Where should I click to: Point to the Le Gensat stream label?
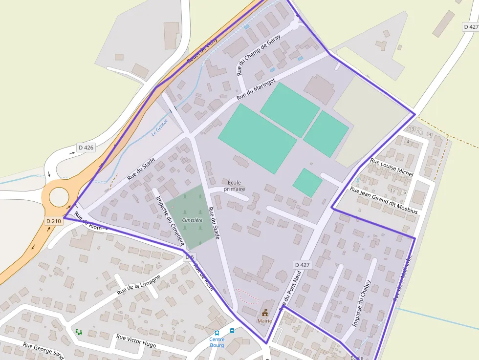(160, 127)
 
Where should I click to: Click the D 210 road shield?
(54, 221)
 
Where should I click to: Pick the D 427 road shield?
(302, 265)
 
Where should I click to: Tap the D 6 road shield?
(190, 257)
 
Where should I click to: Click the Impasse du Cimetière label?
(170, 220)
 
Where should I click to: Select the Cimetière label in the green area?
(192, 220)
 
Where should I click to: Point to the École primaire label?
(234, 186)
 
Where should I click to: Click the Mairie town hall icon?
(265, 312)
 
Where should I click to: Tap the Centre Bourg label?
(217, 342)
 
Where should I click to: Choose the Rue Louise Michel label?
(392, 168)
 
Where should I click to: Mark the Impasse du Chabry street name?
(362, 303)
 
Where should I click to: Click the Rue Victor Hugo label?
(136, 341)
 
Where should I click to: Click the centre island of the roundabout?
(59, 197)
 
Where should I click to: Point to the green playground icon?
(79, 332)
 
